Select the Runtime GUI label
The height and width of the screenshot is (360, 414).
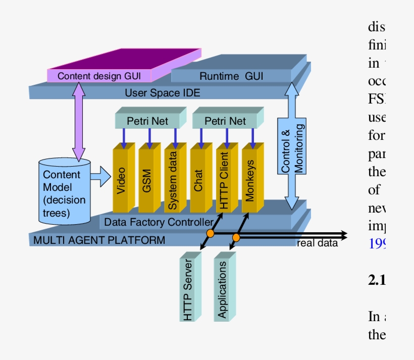point(231,76)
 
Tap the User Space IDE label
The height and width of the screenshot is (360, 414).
point(162,93)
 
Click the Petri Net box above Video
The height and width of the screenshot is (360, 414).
point(147,121)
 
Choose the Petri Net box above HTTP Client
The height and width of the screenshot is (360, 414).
point(225,121)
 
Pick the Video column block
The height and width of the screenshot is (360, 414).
point(121,181)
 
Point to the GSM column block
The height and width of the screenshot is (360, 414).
point(147,181)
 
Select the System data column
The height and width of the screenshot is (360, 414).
point(173,181)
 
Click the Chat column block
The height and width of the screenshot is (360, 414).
point(198,181)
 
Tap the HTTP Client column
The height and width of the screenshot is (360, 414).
point(224,181)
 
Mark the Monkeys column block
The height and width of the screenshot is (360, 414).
point(250,181)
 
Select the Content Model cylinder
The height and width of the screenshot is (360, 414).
point(65,192)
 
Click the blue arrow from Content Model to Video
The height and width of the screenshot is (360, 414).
point(102,177)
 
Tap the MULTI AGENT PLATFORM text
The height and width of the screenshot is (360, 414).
point(99,240)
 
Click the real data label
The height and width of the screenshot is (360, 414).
point(317,243)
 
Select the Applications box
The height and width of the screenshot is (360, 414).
point(222,288)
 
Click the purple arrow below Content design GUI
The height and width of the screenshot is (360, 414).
point(79,121)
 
